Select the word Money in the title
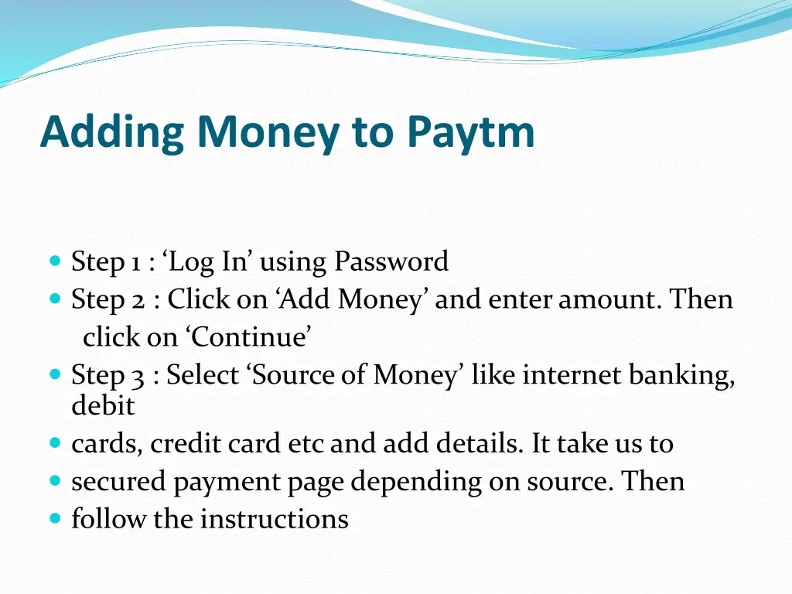tap(268, 133)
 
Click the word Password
tap(391, 262)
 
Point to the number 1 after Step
tap(135, 262)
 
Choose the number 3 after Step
tap(138, 375)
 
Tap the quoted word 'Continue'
tap(247, 337)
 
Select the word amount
tap(609, 299)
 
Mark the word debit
tap(103, 405)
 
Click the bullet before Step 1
tap(54, 261)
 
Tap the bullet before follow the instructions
tap(54, 518)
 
